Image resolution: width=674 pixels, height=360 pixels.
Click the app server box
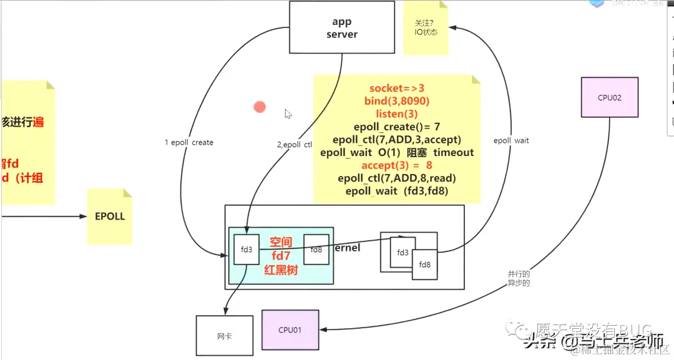[x=341, y=27]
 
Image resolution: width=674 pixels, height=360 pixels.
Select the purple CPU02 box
[x=609, y=97]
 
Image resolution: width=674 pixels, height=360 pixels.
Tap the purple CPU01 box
[x=290, y=329]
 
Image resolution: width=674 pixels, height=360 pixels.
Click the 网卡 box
[x=225, y=336]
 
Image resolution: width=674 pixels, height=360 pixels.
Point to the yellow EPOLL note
[x=110, y=216]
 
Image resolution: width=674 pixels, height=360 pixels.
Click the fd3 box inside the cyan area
[x=247, y=250]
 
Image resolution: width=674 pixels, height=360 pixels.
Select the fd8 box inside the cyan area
[x=316, y=250]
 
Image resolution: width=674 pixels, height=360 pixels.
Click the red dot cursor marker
[x=260, y=107]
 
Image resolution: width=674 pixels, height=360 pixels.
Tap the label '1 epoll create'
[x=189, y=143]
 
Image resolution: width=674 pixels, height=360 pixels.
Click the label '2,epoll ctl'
[x=294, y=145]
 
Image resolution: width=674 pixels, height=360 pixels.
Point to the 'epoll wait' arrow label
[x=511, y=141]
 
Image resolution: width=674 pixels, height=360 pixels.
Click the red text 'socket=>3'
[x=396, y=89]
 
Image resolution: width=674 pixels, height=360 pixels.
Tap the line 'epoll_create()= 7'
[x=396, y=127]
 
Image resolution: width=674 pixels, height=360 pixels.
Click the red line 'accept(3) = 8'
[x=396, y=165]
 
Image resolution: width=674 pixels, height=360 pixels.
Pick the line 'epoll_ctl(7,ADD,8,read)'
[x=396, y=178]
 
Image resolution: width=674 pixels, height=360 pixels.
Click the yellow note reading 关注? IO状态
[x=426, y=27]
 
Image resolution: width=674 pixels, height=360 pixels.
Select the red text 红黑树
[x=281, y=270]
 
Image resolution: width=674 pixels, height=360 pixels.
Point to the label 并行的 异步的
[x=518, y=278]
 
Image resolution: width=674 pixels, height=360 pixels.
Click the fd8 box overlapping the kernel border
[x=424, y=265]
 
